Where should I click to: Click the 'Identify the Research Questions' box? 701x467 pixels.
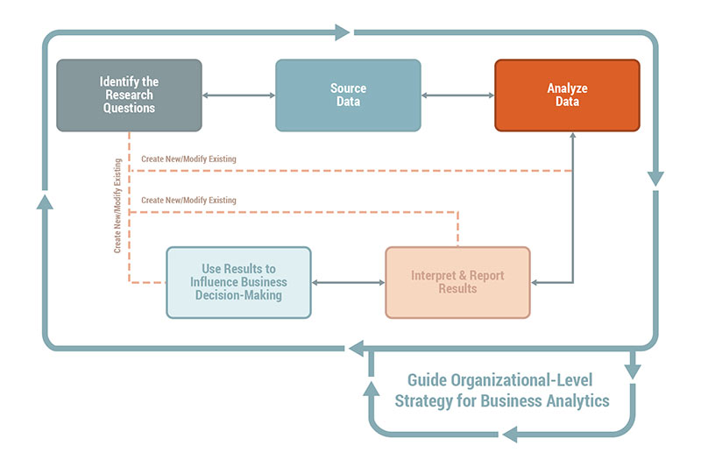point(129,95)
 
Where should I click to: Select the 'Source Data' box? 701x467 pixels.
point(348,95)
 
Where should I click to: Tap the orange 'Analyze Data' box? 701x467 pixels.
point(567,95)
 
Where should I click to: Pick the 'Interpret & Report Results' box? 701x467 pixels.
point(457,282)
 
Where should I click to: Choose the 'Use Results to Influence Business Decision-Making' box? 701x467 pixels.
point(238,282)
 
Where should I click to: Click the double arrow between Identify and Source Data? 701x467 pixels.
point(238,95)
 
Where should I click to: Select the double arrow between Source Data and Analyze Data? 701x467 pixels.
point(457,95)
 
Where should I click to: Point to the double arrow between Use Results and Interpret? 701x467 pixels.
point(348,282)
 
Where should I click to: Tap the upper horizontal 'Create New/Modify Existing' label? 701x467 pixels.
point(188,159)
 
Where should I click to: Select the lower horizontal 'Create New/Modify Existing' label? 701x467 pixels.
point(188,201)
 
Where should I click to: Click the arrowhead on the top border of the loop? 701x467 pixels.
point(342,32)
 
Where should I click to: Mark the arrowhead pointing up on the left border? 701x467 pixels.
point(46,202)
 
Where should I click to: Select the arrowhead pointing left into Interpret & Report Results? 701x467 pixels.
point(537,282)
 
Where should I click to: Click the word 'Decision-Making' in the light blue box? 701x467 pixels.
point(238,295)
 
